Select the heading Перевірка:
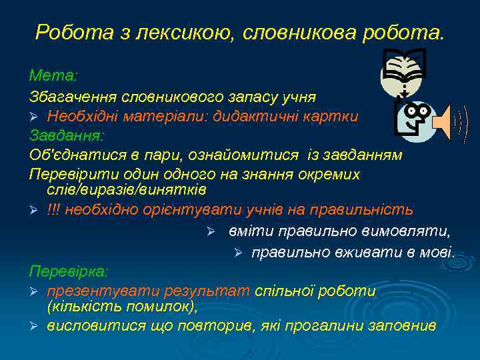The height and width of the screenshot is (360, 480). pos(69,271)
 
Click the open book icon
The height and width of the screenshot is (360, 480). pos(403,69)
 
